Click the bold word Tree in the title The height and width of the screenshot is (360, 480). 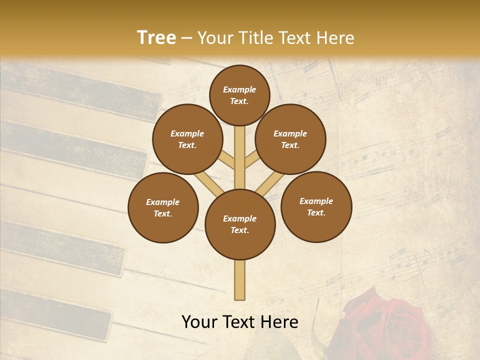coord(156,38)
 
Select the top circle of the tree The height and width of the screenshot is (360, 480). coord(239,95)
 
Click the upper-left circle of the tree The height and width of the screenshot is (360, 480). coord(187,139)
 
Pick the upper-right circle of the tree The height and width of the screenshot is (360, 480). coord(290,139)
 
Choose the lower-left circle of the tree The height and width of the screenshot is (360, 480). coord(163,208)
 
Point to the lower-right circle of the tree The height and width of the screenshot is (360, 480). coord(316,207)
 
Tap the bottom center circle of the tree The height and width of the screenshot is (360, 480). coord(240,224)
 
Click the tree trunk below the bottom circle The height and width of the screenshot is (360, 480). coord(240,280)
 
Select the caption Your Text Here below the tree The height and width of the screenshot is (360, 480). coord(240,322)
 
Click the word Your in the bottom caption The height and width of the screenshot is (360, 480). coord(200,322)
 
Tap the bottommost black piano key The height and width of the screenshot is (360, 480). coord(55,312)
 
